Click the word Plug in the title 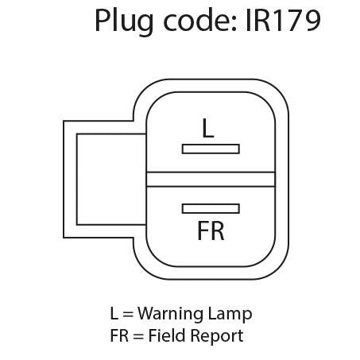(x=124, y=21)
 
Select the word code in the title (x=196, y=21)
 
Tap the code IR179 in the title (x=283, y=21)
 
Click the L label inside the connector (x=208, y=128)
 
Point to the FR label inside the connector (x=211, y=230)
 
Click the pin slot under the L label (x=211, y=149)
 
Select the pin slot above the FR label (x=211, y=209)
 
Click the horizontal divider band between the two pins (x=211, y=180)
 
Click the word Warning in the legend (x=171, y=315)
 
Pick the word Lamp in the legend (x=230, y=315)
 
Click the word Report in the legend (x=216, y=337)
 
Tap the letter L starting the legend (x=114, y=313)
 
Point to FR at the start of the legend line (x=119, y=335)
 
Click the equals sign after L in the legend (x=128, y=315)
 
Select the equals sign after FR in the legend (x=138, y=337)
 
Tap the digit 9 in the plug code (x=312, y=21)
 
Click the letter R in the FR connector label (x=217, y=230)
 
